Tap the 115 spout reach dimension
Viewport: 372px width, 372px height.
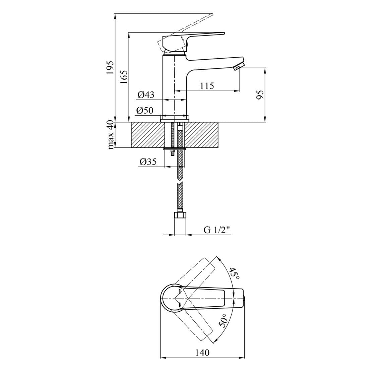pos(207,86)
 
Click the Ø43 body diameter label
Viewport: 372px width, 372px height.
pos(146,95)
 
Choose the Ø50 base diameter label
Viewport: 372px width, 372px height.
pos(145,110)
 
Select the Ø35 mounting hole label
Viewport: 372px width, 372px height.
pos(148,162)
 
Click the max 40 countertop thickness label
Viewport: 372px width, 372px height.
pos(111,135)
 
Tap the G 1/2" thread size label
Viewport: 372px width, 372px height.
pos(217,230)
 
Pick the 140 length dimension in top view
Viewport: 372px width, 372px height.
pos(202,353)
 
